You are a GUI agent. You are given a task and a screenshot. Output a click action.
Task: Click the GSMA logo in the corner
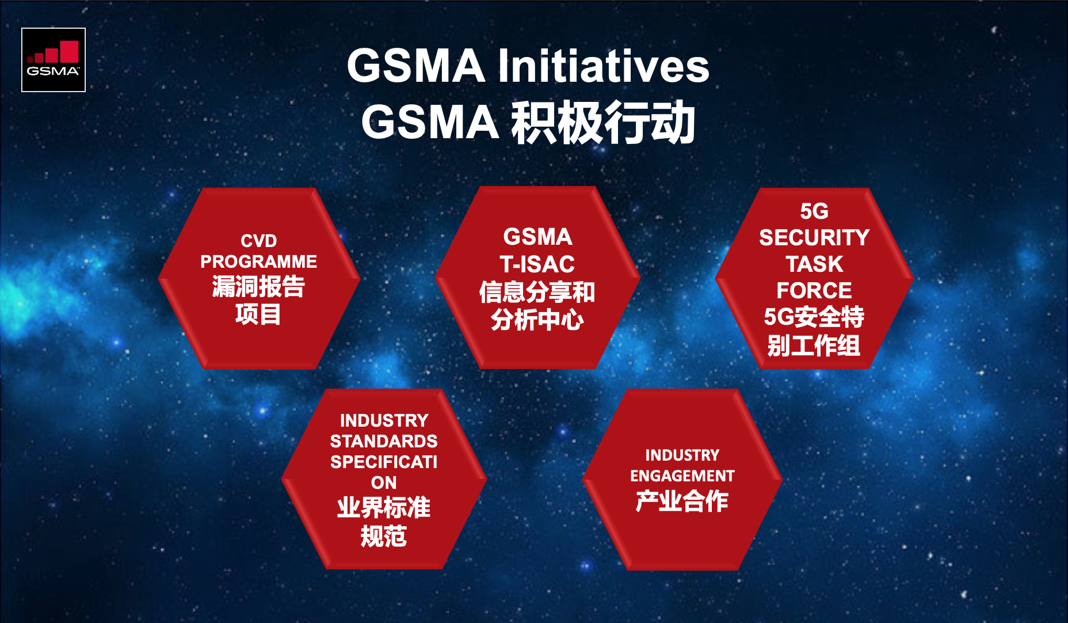coord(54,60)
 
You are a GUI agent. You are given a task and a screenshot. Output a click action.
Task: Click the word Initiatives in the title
coord(603,66)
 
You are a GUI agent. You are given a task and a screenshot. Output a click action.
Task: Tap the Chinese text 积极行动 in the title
coord(604,122)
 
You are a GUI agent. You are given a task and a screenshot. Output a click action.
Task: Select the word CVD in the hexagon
coord(259,241)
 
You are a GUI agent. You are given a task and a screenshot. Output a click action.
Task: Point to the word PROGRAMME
coord(258,261)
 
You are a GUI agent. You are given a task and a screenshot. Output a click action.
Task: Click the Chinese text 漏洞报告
coord(258,287)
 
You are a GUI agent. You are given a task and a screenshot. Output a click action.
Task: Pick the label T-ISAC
coord(537,264)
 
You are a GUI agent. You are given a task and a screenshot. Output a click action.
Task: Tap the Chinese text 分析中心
coord(537,320)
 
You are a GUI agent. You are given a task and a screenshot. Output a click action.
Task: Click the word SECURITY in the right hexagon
coord(814,238)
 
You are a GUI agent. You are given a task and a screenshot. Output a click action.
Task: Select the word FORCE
coord(814,290)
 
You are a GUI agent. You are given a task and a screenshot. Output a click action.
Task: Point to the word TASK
coord(814,264)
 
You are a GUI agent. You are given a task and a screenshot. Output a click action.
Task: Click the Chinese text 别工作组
coord(814,345)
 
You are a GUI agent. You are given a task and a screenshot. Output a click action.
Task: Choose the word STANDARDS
coord(384,441)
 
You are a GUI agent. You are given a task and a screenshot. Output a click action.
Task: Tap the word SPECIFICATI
coord(384,462)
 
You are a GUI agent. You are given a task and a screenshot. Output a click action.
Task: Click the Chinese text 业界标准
coord(384,508)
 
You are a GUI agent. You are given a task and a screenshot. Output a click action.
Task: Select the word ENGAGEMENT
coord(682,476)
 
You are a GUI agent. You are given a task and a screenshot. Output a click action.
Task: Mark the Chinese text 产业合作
coord(682,501)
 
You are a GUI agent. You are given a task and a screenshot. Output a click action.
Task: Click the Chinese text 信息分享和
coord(537,292)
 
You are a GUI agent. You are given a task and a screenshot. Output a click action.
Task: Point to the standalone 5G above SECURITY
coord(814,211)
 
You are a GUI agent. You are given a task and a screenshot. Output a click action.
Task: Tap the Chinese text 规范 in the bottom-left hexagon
coord(384,537)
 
